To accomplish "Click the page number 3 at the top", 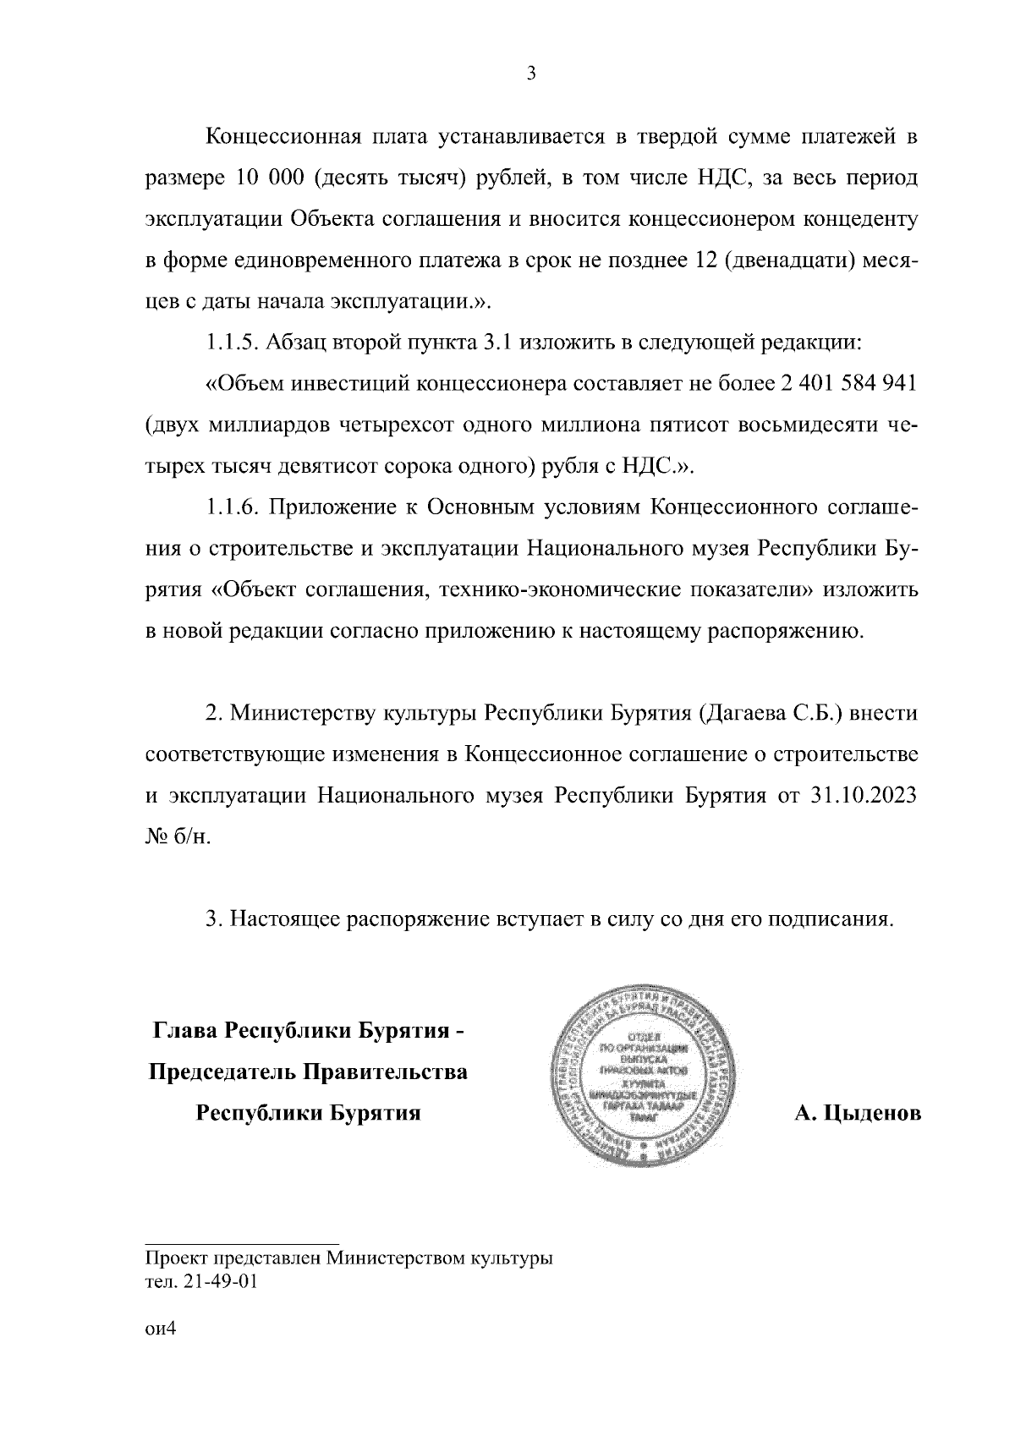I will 530,74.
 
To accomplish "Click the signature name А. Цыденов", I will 857,1114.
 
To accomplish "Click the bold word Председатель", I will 222,1072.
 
